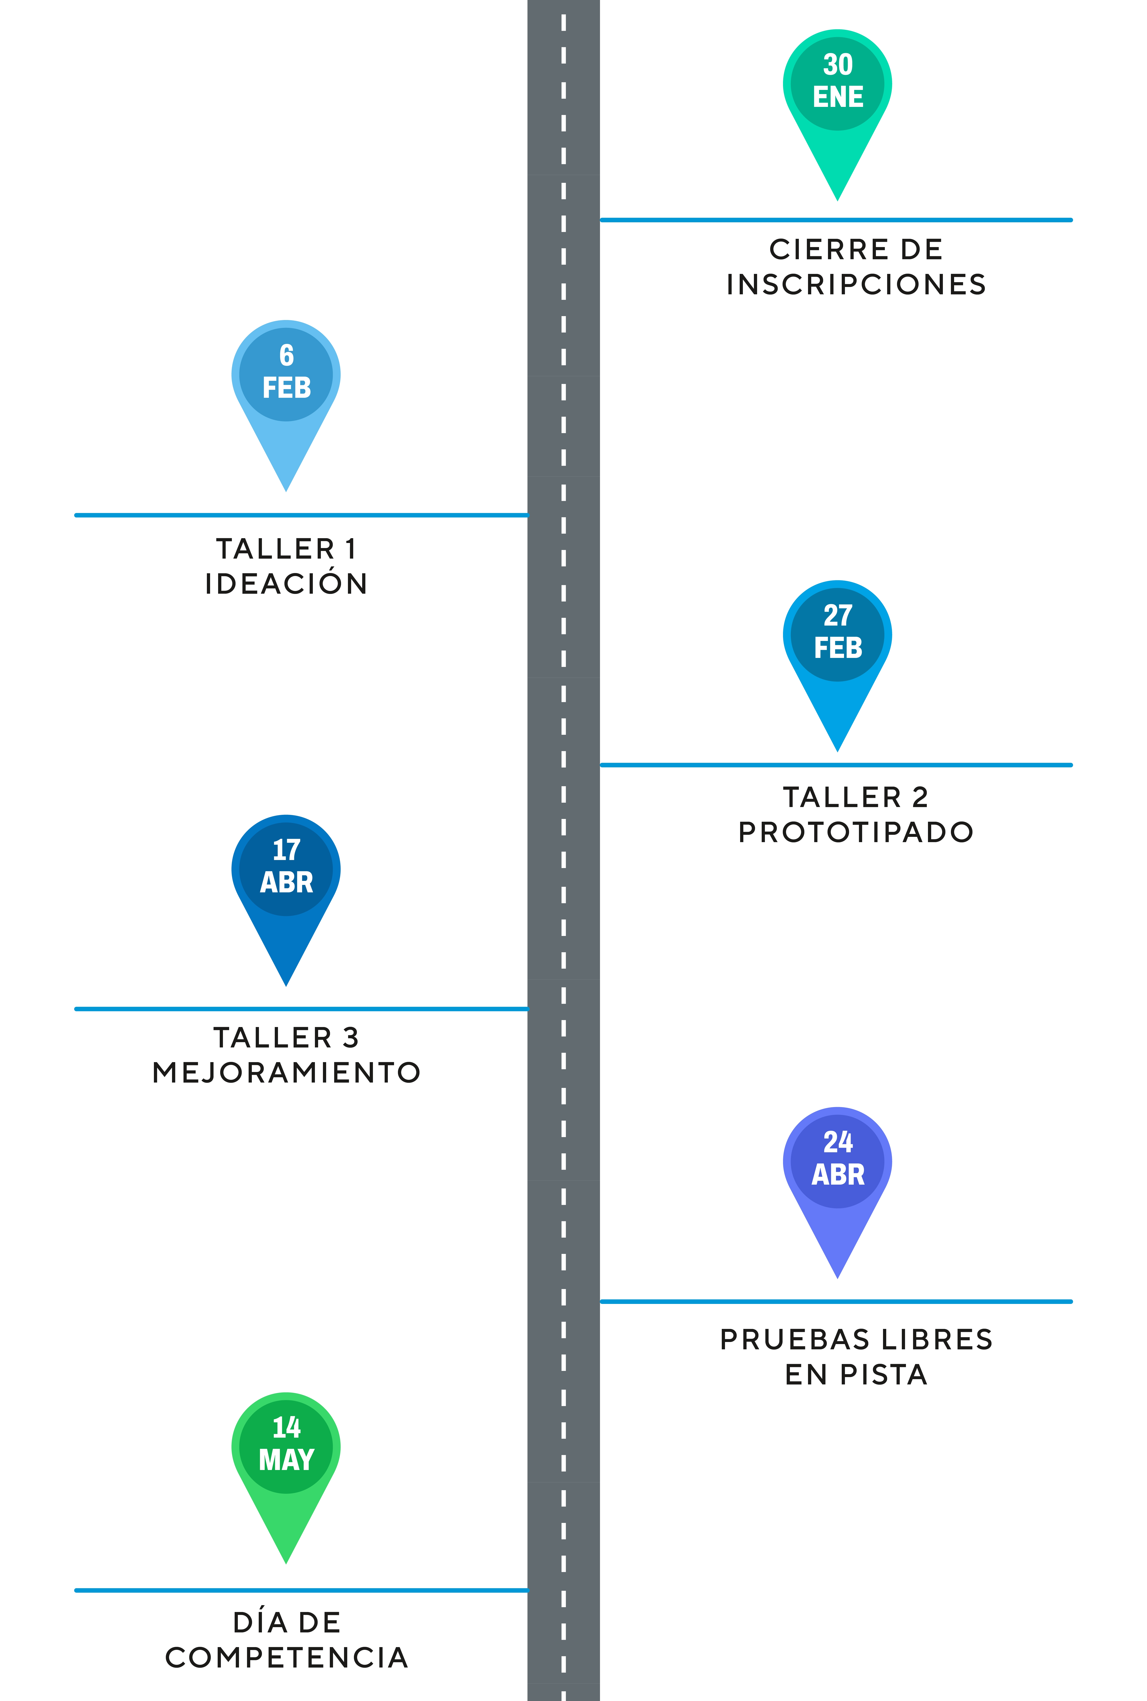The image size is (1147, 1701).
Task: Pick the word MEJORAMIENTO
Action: click(x=286, y=1072)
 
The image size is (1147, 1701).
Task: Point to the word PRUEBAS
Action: click(x=793, y=1340)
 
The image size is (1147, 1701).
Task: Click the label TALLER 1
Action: click(x=286, y=549)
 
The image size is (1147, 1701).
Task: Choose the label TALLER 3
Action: click(x=286, y=1037)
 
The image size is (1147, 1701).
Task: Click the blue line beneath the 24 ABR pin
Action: click(x=836, y=1302)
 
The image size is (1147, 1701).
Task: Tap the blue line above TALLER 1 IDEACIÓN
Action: click(x=301, y=515)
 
